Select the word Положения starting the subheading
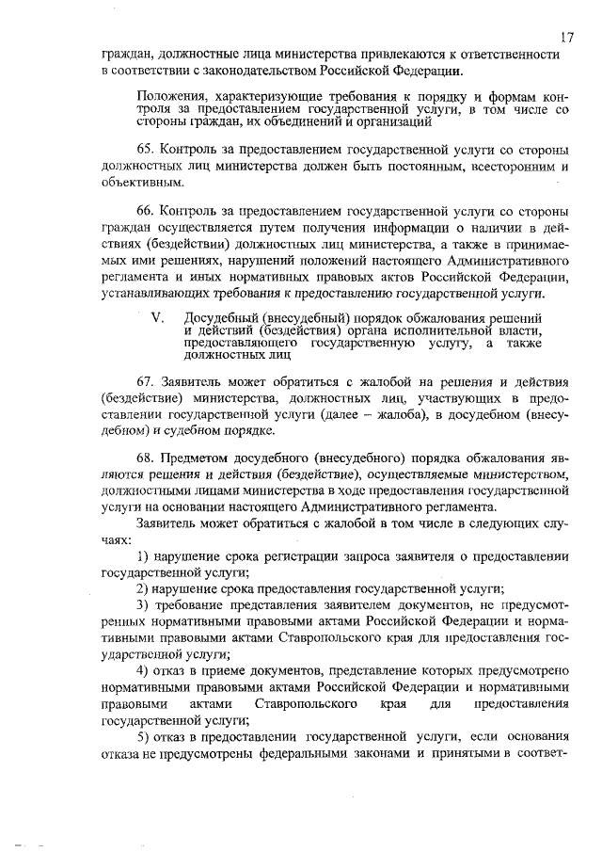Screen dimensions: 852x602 171,96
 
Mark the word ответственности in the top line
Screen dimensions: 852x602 506,54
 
